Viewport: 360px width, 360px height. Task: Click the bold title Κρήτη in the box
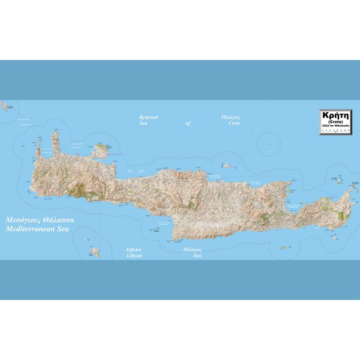click(336, 115)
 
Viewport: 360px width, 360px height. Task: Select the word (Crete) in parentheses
click(336, 122)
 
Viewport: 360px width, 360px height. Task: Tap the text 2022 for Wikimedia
click(336, 126)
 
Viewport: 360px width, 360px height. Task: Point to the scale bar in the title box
click(336, 131)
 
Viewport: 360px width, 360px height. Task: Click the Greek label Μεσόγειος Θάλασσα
click(39, 219)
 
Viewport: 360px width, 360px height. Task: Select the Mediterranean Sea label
click(39, 227)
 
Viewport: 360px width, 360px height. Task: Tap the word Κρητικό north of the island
click(148, 117)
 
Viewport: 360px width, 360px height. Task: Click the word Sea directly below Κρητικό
click(143, 124)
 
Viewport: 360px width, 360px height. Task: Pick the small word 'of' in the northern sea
click(188, 124)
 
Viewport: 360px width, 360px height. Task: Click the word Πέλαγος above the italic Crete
click(230, 117)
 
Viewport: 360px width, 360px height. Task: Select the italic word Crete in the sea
click(234, 124)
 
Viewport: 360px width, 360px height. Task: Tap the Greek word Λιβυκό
click(133, 249)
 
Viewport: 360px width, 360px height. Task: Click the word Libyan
click(134, 256)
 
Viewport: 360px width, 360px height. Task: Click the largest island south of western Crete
click(95, 252)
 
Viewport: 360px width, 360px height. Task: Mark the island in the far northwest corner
click(5, 106)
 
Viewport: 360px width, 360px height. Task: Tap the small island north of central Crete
click(226, 166)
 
